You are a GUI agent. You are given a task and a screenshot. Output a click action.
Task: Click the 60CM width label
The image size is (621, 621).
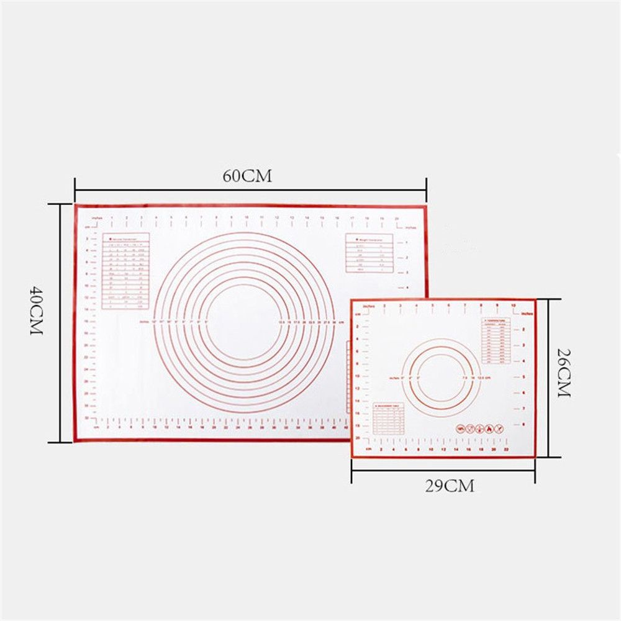point(248,176)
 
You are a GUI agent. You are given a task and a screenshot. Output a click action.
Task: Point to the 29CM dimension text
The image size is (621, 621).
point(450,486)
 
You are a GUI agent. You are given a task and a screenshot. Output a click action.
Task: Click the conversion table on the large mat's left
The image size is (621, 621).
point(125,271)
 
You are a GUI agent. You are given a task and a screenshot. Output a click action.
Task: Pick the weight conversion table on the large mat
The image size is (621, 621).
point(369,253)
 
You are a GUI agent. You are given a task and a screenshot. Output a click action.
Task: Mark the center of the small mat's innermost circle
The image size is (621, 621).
point(441,377)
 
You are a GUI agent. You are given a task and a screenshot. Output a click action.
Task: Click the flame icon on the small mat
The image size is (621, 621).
point(488,428)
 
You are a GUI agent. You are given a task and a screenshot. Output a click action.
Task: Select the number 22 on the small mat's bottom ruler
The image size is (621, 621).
point(507,448)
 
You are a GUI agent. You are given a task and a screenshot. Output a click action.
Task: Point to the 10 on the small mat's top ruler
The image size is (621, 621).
point(513,306)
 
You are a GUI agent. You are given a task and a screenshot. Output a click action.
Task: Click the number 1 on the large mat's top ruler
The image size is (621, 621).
point(111,218)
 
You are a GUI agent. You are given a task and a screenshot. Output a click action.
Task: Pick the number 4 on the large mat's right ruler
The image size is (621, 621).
point(407,288)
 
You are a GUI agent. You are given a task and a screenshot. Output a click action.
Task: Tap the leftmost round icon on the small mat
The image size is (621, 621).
point(460,428)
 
